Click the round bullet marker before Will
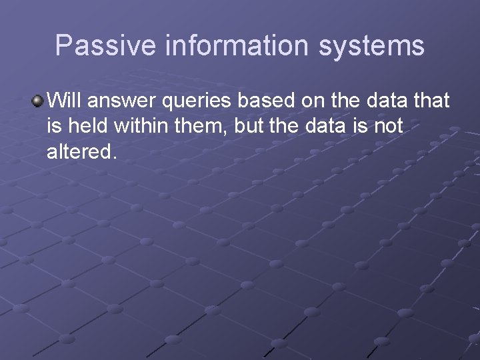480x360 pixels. coord(37,101)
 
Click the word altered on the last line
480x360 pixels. coord(81,151)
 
